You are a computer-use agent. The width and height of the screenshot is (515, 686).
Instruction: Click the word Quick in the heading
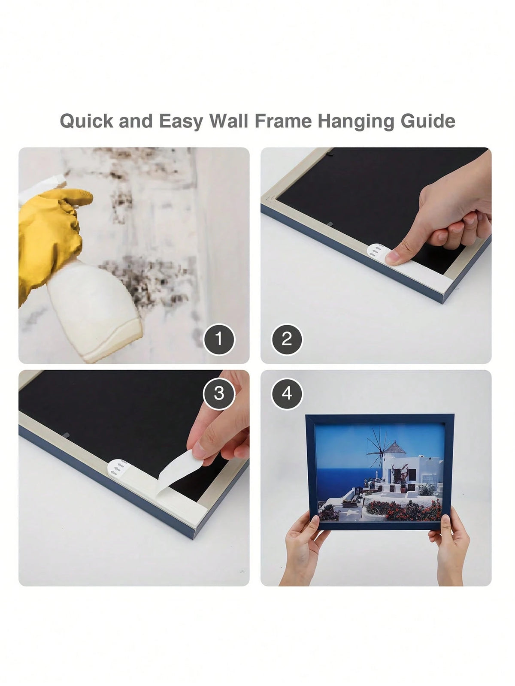click(87, 121)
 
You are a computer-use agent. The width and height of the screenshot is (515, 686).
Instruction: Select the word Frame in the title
click(283, 121)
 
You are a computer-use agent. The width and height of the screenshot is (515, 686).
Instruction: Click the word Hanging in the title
click(356, 121)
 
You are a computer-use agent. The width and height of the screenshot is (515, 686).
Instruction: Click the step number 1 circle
click(219, 339)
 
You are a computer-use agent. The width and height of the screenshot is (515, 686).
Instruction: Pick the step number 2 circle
click(287, 339)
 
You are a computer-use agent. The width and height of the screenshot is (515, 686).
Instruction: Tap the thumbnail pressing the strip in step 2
click(392, 258)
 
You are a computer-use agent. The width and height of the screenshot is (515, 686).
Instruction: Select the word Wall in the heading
click(229, 121)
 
